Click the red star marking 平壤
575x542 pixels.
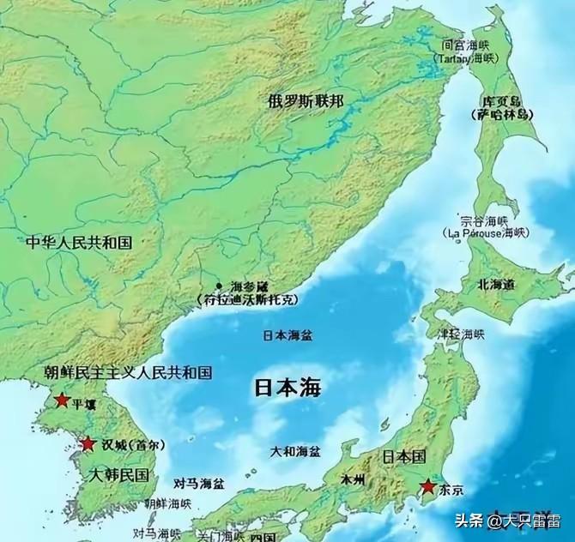pyautogui.click(x=61, y=400)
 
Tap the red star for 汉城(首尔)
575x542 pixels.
pyautogui.click(x=88, y=444)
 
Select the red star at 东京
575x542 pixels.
pyautogui.click(x=427, y=486)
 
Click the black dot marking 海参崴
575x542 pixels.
pyautogui.click(x=220, y=286)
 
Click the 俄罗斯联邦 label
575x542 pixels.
pyautogui.click(x=306, y=101)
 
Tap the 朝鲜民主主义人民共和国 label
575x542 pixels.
pyautogui.click(x=128, y=372)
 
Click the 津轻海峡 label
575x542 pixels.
pyautogui.click(x=462, y=333)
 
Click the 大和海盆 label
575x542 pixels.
pyautogui.click(x=295, y=450)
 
